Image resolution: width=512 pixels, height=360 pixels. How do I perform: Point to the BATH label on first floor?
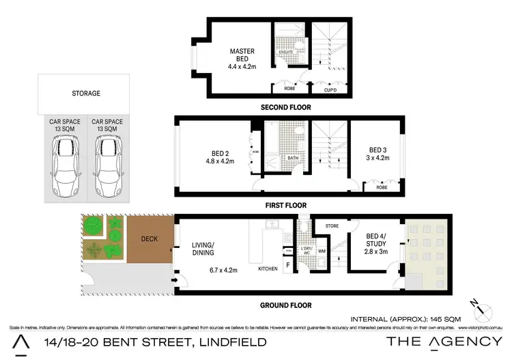(293, 158)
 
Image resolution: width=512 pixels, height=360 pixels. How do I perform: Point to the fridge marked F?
(287, 264)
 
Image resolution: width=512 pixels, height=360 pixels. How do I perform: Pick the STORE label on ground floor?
(332, 225)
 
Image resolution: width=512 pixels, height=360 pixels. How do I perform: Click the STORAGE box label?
(86, 94)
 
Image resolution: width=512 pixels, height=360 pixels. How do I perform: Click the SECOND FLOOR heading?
(286, 108)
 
